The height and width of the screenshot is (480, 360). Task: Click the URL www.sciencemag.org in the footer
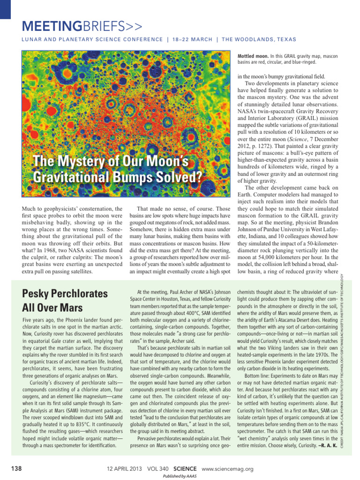point(227,469)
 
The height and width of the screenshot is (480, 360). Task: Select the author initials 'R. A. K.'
point(328,445)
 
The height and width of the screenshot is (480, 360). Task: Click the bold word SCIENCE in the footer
point(185,469)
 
